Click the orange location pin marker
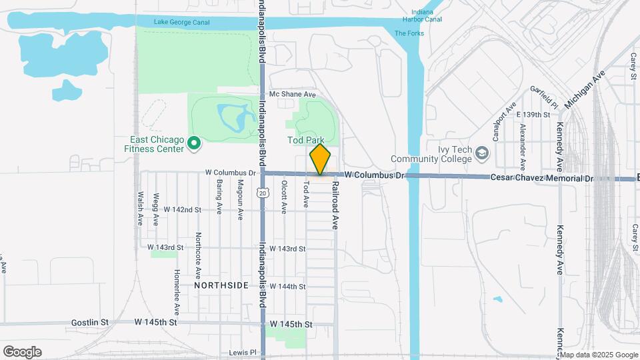click(x=320, y=159)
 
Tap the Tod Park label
click(x=305, y=141)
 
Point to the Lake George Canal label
click(x=181, y=22)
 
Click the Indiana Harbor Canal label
click(x=427, y=16)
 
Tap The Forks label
click(x=409, y=33)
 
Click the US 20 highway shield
click(x=263, y=193)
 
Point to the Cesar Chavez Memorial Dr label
click(x=541, y=178)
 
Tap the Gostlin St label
click(x=90, y=323)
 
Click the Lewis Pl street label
click(x=242, y=352)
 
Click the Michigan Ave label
click(x=583, y=89)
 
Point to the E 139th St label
click(x=533, y=115)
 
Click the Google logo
click(x=22, y=352)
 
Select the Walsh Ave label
click(x=141, y=209)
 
